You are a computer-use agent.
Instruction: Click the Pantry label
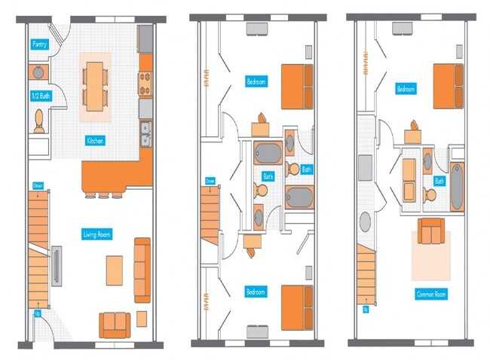pyautogui.click(x=40, y=45)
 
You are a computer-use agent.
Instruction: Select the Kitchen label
pyautogui.click(x=95, y=141)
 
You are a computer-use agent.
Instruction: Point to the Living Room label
pyautogui.click(x=96, y=235)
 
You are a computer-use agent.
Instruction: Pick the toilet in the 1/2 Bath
pyautogui.click(x=39, y=121)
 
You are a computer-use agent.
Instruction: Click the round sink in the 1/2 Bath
pyautogui.click(x=38, y=72)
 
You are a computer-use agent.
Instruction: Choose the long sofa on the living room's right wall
pyautogui.click(x=142, y=267)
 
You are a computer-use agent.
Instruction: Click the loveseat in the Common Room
pyautogui.click(x=430, y=232)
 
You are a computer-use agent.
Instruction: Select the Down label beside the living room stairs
pyautogui.click(x=38, y=185)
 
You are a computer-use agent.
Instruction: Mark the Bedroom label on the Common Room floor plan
pyautogui.click(x=406, y=90)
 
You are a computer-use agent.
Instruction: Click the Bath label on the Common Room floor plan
pyautogui.click(x=438, y=181)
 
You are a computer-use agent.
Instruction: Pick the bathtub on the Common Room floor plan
pyautogui.click(x=458, y=185)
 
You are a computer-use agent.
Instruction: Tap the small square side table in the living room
pyautogui.click(x=141, y=318)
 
